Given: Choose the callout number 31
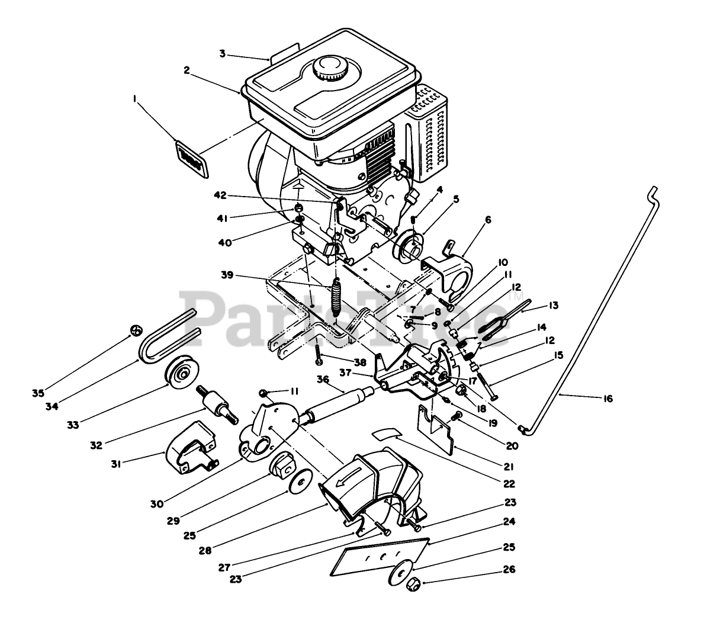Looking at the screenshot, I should pos(116,465).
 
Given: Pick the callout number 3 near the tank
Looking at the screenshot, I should pos(223,54).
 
